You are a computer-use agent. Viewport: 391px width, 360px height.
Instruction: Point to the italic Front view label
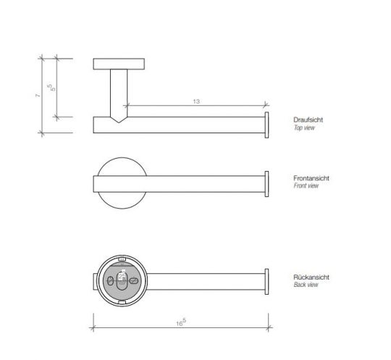pos(306,186)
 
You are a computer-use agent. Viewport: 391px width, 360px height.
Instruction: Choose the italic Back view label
pos(305,285)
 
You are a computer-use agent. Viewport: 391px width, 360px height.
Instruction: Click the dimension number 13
pos(196,102)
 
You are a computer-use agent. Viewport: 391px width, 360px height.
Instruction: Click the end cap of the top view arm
pos(267,125)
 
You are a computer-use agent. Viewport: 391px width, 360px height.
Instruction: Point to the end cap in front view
pos(267,184)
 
